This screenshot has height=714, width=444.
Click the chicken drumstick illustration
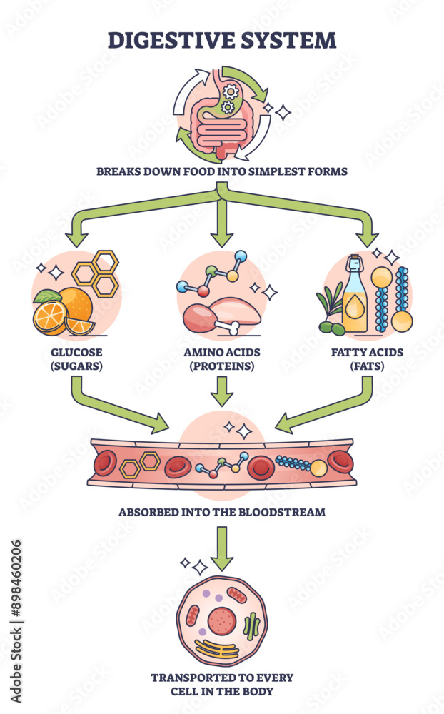coord(207,315)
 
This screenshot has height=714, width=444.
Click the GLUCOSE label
coord(76,352)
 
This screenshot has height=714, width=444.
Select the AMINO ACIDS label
coord(223,352)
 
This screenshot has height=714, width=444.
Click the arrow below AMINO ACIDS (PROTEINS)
coord(223,391)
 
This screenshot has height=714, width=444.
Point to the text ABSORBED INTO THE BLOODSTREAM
coord(221,511)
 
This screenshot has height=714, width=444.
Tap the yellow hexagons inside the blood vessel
coord(140,464)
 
